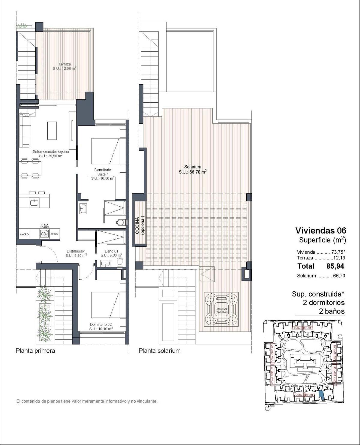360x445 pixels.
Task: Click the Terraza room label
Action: (x=64, y=66)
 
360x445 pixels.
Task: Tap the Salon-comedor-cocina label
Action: (x=51, y=153)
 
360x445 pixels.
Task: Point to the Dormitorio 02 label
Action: (x=101, y=326)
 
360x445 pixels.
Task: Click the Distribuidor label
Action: (x=76, y=253)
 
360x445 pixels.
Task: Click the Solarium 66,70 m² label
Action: (x=193, y=169)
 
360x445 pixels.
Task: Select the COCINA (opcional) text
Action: (x=139, y=225)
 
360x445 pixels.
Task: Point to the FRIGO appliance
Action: (x=55, y=234)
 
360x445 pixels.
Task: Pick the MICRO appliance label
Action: (x=25, y=234)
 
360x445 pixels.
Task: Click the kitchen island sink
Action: (x=34, y=203)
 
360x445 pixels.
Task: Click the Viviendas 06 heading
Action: (x=321, y=230)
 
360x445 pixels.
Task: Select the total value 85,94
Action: (x=335, y=266)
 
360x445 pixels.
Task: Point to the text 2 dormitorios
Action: (x=324, y=303)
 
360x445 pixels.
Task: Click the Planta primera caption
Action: (x=35, y=351)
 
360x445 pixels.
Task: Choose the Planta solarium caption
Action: (x=160, y=351)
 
